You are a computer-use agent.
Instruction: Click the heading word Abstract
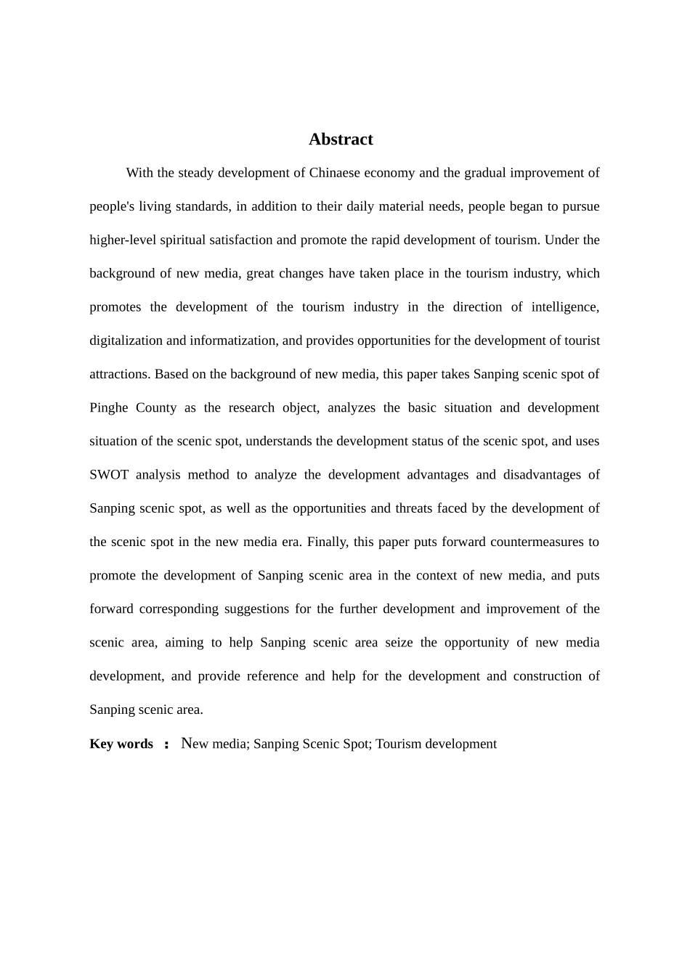click(341, 139)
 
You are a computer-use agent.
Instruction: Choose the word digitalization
click(126, 341)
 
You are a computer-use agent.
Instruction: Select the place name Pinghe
click(108, 407)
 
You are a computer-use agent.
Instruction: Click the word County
click(156, 407)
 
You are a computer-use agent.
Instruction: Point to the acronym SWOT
click(109, 475)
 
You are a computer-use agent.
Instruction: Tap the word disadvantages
click(537, 475)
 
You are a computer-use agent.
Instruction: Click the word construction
click(547, 676)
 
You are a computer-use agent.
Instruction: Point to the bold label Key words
click(121, 744)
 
